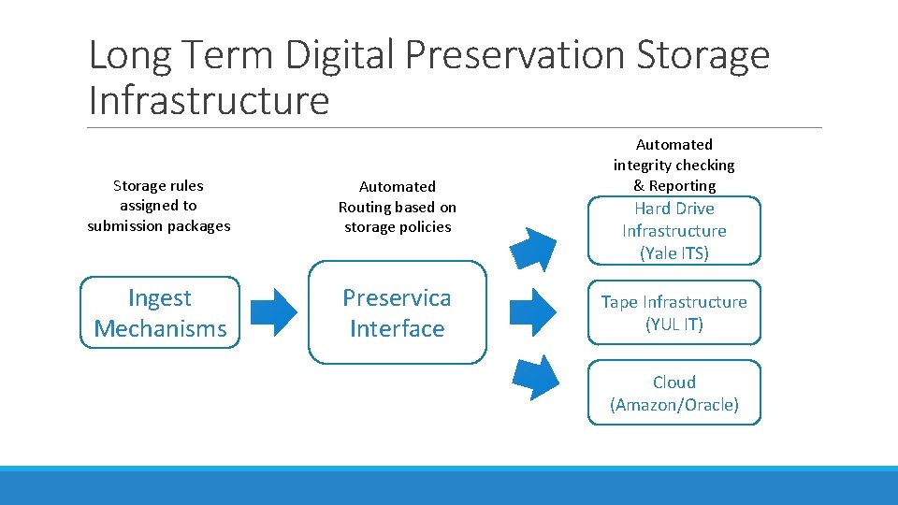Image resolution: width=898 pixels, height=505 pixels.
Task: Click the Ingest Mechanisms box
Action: pos(160,312)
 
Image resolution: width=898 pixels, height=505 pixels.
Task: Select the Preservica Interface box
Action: pos(397,312)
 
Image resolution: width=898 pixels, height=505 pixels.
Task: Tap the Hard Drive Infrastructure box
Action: pos(673,230)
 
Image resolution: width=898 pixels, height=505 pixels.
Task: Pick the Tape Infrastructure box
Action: pos(673,312)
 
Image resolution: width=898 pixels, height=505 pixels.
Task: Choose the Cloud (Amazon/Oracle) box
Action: pos(673,393)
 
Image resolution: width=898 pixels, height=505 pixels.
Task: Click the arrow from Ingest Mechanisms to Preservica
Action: pos(275,312)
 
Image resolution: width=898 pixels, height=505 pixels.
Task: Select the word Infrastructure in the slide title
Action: pos(209,99)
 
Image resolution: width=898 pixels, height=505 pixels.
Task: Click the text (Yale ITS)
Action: pos(673,252)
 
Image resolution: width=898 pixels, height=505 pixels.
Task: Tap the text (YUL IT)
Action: pos(673,325)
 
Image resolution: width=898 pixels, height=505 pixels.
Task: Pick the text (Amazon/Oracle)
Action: pos(673,405)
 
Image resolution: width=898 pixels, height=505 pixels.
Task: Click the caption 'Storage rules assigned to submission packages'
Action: pos(158,206)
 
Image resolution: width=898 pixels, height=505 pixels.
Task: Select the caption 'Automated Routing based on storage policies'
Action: pos(397,207)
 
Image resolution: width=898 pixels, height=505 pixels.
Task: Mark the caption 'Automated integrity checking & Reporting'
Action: pos(673,165)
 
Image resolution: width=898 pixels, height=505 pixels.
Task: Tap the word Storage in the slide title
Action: pos(702,55)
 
